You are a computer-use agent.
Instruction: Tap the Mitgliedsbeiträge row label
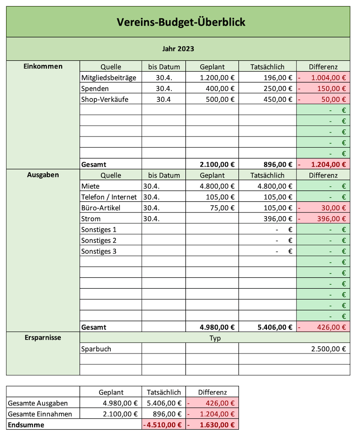[x=108, y=77]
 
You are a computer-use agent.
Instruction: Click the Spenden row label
[x=95, y=88]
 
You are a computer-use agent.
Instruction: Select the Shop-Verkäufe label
[x=105, y=99]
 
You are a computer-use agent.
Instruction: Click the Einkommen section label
[x=43, y=67]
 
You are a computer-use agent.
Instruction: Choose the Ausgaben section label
[x=43, y=175]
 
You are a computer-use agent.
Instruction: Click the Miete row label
[x=90, y=186]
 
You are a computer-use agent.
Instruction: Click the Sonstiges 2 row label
[x=99, y=240]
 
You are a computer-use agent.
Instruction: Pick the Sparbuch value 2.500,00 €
[x=329, y=349]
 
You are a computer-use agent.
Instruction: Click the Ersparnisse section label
[x=43, y=337]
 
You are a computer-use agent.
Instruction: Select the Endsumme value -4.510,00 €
[x=162, y=425]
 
